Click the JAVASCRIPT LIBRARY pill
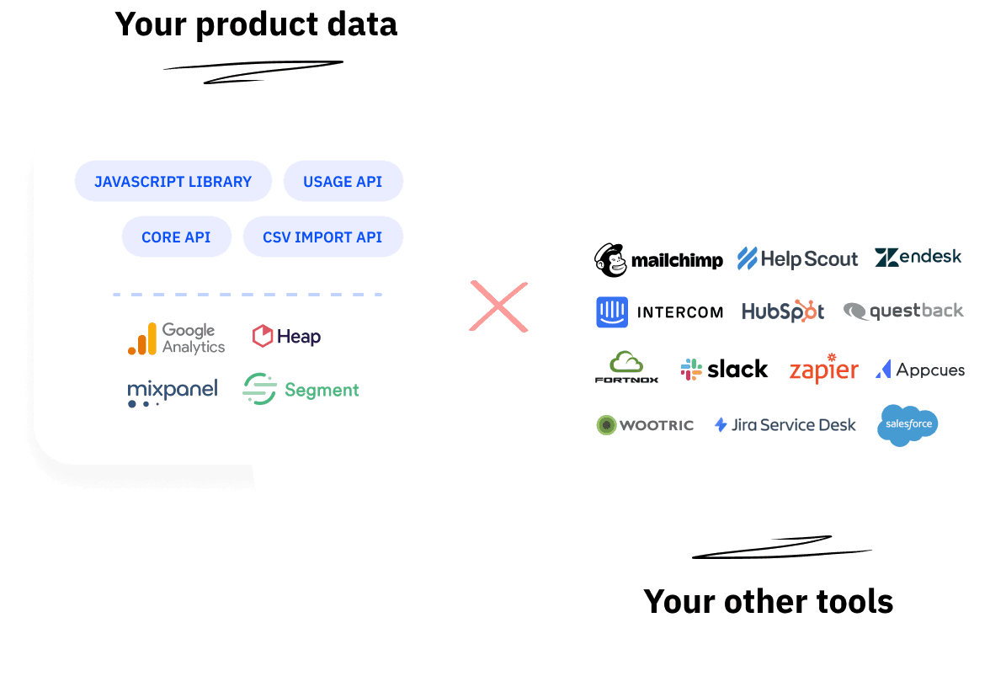173,182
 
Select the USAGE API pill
343,182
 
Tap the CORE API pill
176,237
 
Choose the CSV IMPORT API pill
322,237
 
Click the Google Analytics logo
177,338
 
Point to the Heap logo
286,337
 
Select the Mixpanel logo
173,391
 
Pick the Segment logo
301,390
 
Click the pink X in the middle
498,306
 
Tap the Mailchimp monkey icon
611,260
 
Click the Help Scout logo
797,258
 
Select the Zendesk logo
918,257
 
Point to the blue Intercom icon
612,311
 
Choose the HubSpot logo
783,311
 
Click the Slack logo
724,369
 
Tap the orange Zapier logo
823,370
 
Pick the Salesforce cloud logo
908,424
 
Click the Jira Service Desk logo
785,425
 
